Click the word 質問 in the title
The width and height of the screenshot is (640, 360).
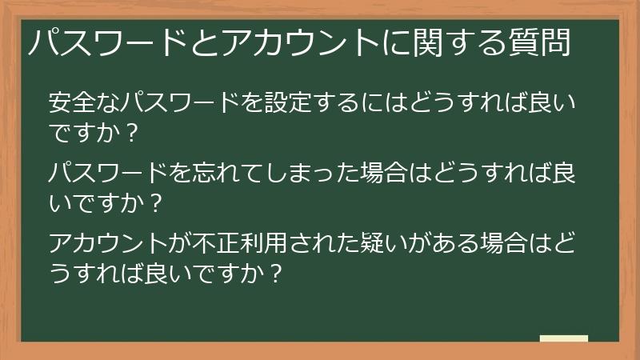pyautogui.click(x=538, y=42)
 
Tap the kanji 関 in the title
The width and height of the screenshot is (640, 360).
pyautogui.click(x=428, y=42)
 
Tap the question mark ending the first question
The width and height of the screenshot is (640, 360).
pyautogui.click(x=131, y=133)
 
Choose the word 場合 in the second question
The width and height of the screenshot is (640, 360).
pyautogui.click(x=384, y=173)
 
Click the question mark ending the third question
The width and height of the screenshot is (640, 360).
pyautogui.click(x=275, y=274)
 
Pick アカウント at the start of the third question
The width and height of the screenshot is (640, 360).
pyautogui.click(x=108, y=243)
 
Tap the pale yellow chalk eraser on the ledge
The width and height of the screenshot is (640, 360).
pyautogui.click(x=564, y=338)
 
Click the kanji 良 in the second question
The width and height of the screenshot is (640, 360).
pyautogui.click(x=563, y=173)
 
